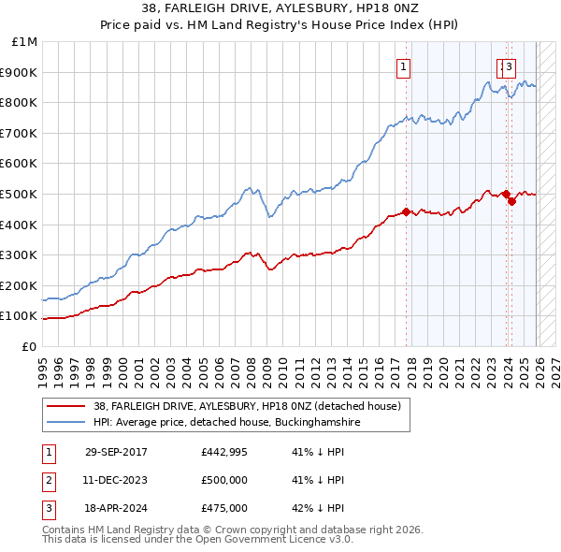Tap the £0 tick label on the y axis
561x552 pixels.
pyautogui.click(x=30, y=346)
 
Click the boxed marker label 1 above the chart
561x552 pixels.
pyautogui.click(x=404, y=66)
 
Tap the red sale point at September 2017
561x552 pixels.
pyautogui.click(x=406, y=211)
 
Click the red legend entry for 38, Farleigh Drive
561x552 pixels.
pyautogui.click(x=247, y=406)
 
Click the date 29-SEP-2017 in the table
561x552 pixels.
pyautogui.click(x=116, y=452)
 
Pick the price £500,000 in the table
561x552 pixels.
pyautogui.click(x=224, y=480)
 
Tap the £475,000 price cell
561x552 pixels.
pyautogui.click(x=224, y=508)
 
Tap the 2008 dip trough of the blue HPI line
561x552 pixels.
pyautogui.click(x=270, y=217)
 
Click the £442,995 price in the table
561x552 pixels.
pyautogui.click(x=224, y=452)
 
